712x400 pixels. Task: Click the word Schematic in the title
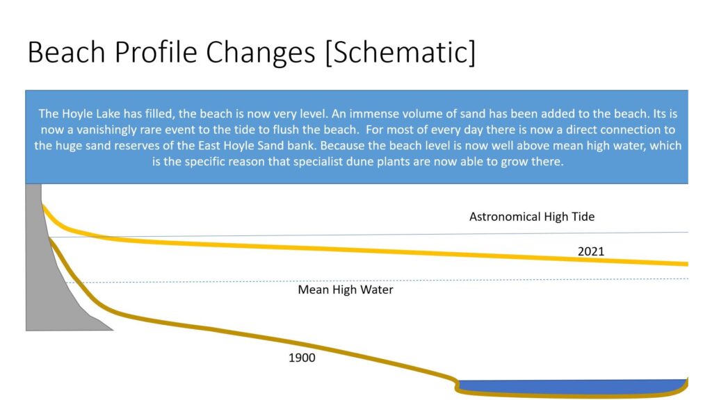tap(400, 53)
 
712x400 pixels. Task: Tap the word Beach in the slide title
tap(66, 51)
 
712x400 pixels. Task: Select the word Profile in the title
tap(156, 51)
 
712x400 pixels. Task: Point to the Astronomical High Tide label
tap(532, 217)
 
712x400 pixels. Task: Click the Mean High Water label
tap(346, 290)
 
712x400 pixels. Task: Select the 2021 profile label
tap(591, 251)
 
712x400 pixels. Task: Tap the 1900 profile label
tap(302, 358)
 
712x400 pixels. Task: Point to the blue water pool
tap(573, 386)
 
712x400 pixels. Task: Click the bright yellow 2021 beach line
tap(363, 250)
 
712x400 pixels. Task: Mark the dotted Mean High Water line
tap(377, 281)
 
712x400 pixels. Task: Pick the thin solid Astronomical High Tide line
tap(369, 235)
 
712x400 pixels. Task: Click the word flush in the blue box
tap(286, 130)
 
